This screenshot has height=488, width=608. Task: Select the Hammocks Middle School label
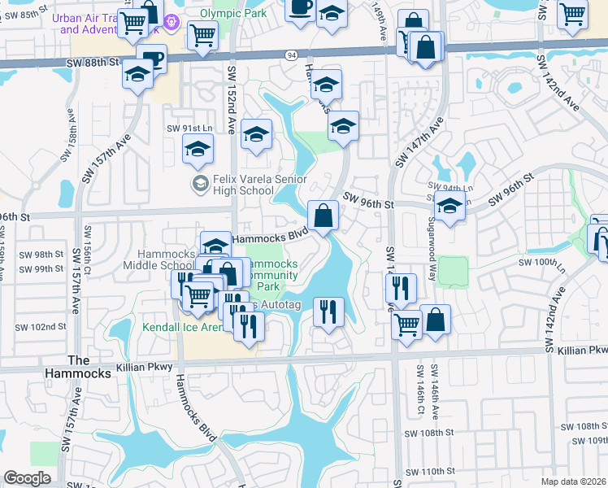(x=159, y=259)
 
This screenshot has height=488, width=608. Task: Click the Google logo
(x=27, y=478)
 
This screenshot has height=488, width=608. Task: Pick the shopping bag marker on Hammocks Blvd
(x=324, y=216)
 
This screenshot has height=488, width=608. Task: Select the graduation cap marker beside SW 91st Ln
(x=198, y=149)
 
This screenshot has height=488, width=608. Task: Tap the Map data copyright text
(x=571, y=481)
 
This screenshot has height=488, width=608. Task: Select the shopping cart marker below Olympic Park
(x=202, y=35)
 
